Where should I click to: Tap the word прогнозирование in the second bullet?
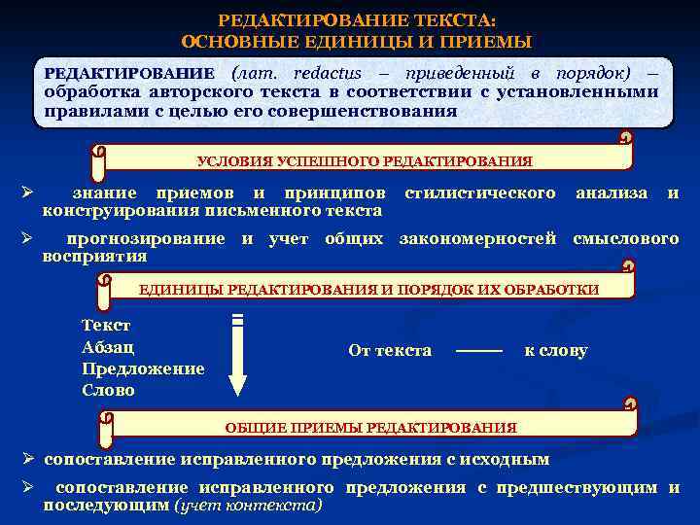(149, 239)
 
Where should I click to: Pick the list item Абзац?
(109, 347)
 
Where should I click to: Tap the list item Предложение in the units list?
(143, 368)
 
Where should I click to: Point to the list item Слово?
(109, 390)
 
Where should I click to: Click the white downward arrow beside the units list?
(238, 355)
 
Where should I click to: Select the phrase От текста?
(390, 350)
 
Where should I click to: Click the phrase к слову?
(556, 350)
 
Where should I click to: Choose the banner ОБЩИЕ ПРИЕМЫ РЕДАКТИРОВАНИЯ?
(371, 427)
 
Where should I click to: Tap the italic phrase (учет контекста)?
(247, 506)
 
